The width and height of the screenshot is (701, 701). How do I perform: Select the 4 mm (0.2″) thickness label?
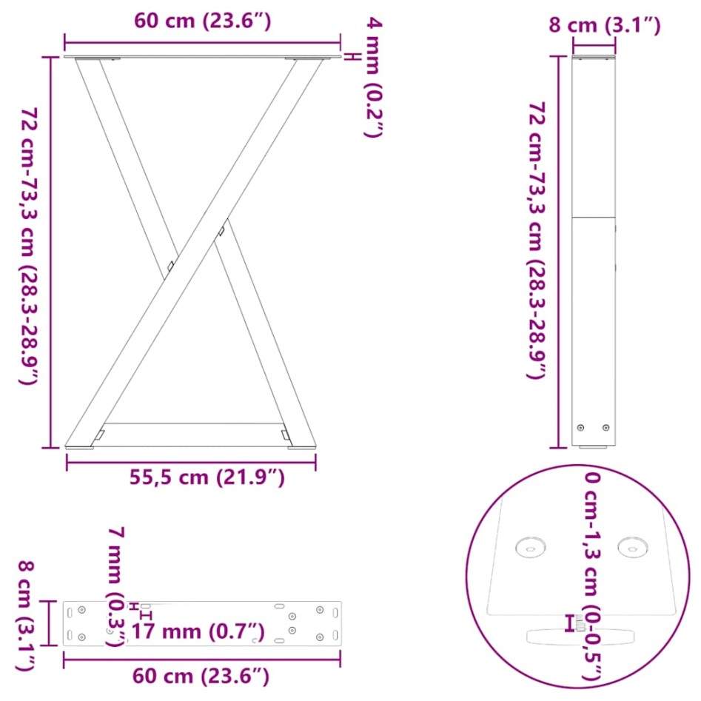(x=375, y=78)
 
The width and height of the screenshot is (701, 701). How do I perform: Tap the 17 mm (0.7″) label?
(x=198, y=632)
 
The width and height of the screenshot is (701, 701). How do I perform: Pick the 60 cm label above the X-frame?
(x=201, y=21)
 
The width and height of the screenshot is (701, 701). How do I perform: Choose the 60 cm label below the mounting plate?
(x=201, y=676)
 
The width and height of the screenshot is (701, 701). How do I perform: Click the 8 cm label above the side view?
(x=604, y=26)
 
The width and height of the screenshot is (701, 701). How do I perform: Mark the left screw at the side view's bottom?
(x=581, y=427)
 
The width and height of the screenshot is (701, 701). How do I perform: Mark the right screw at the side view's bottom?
(x=606, y=427)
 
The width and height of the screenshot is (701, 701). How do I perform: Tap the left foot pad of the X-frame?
(x=79, y=447)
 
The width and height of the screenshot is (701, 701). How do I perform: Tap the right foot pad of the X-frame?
(x=301, y=447)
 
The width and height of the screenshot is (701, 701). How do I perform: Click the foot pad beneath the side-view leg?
(x=594, y=448)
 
